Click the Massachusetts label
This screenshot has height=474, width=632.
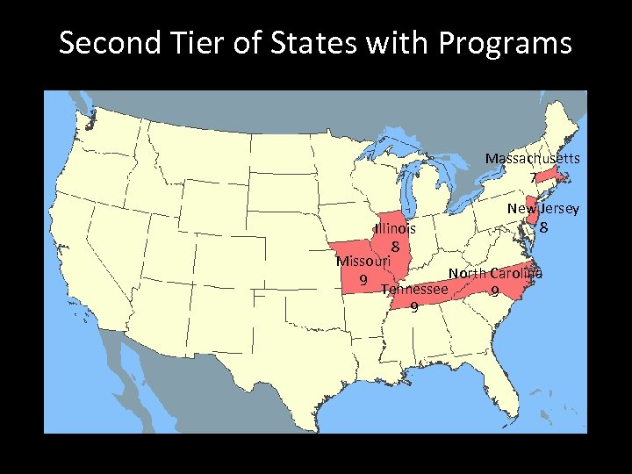coord(532,159)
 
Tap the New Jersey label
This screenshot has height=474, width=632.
coord(543,209)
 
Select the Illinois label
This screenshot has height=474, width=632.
coord(395,228)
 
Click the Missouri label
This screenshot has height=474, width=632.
coord(363,261)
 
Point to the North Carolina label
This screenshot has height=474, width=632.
coord(495,273)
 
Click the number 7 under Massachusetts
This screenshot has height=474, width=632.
coord(533,177)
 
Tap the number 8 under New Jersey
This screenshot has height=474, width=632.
coord(544,227)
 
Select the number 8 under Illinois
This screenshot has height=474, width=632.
coord(396,247)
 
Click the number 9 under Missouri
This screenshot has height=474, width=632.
coord(363,279)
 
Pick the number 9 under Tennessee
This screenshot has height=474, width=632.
coord(413,307)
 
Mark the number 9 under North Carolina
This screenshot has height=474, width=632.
coord(495,291)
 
